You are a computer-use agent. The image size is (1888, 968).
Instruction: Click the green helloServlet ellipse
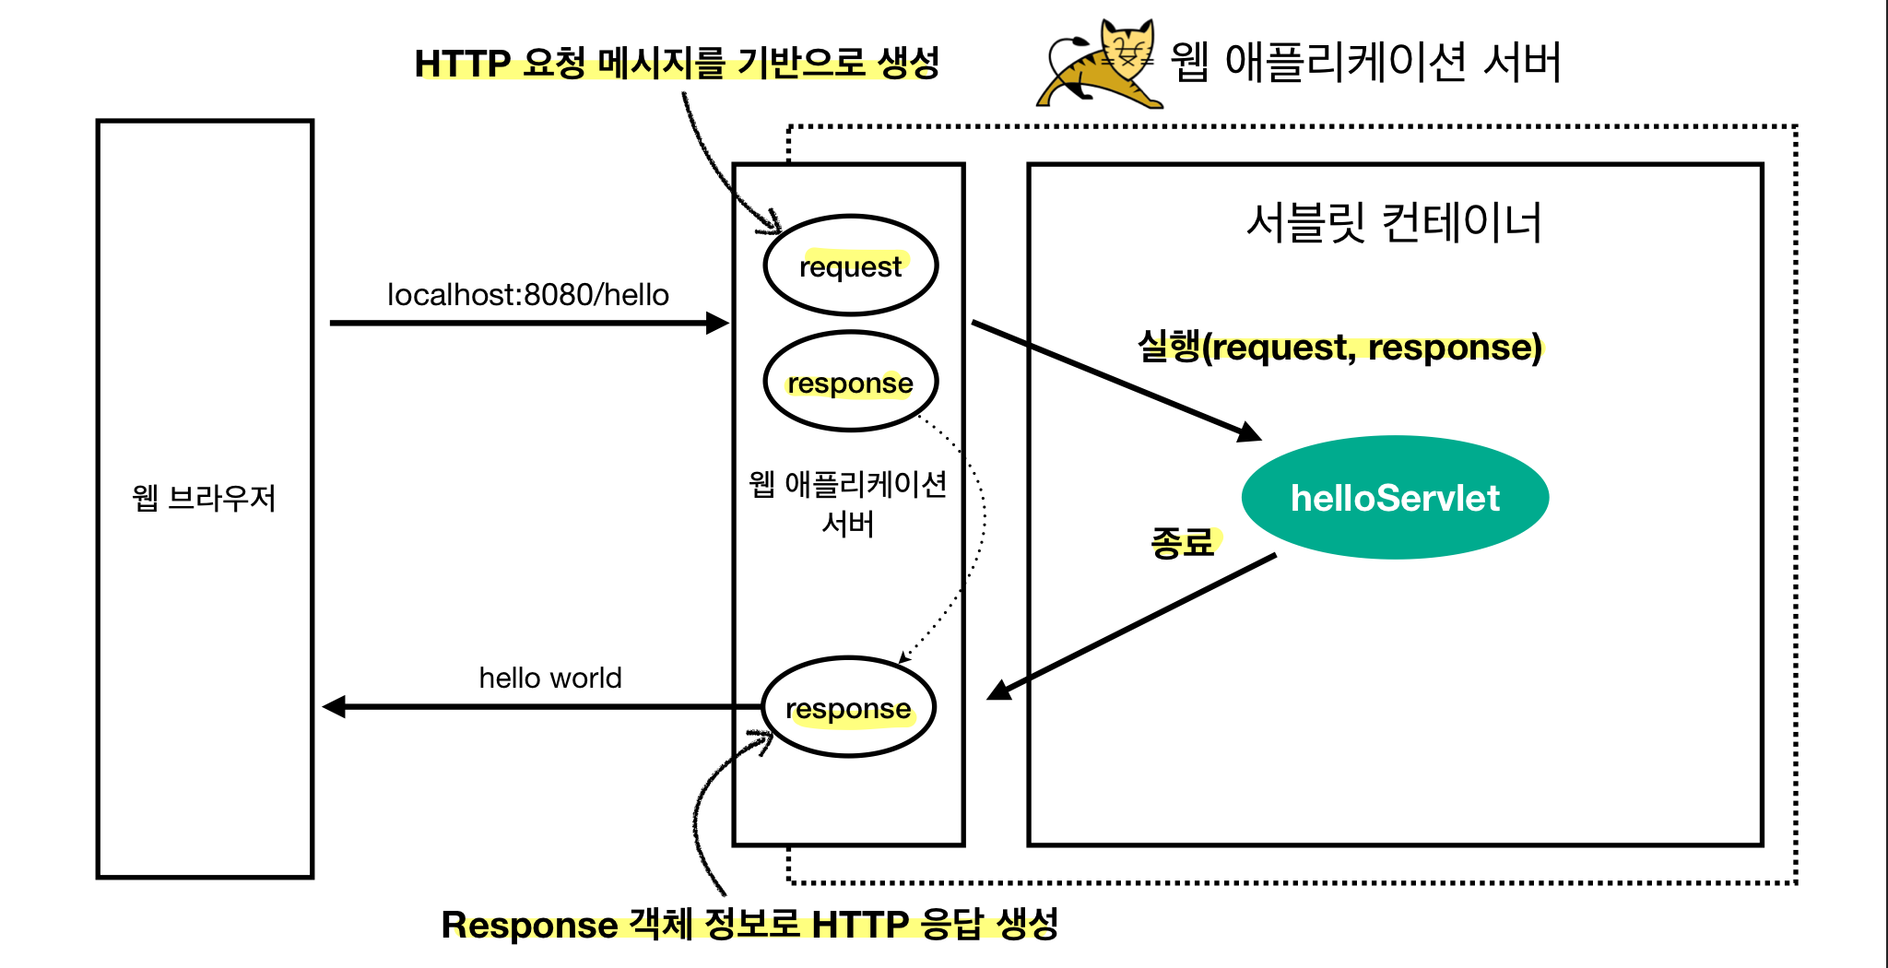point(1395,497)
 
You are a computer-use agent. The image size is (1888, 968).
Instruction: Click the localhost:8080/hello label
point(528,295)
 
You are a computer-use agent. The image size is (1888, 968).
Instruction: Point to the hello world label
point(550,678)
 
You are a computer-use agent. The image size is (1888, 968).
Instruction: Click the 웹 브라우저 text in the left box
point(204,498)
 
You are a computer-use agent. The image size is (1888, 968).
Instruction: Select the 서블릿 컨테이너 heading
point(1394,222)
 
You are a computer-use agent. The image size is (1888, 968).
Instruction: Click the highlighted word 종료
point(1183,542)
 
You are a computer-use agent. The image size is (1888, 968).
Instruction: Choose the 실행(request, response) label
point(1339,348)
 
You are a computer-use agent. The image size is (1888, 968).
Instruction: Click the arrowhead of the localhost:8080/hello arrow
point(717,323)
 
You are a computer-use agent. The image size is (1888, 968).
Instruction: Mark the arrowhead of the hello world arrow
point(334,707)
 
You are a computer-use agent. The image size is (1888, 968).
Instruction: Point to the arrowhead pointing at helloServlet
point(1249,431)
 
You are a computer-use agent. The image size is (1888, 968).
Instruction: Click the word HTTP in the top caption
point(463,64)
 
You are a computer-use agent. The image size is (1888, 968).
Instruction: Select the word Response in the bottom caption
point(529,925)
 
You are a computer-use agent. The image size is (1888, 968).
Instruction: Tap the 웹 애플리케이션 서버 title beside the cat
point(1366,62)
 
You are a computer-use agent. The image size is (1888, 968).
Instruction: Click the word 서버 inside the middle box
point(848,524)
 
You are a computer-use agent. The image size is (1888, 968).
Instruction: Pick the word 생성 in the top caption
point(908,63)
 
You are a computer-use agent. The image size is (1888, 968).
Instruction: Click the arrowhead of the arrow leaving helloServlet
point(998,691)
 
